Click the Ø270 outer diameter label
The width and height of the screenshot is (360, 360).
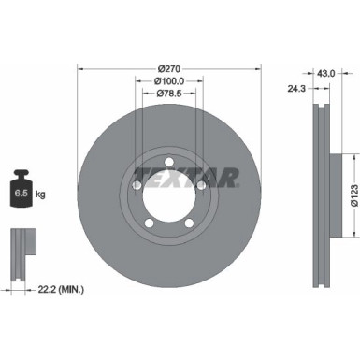[x=169, y=68]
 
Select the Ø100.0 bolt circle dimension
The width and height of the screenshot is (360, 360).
[x=169, y=81]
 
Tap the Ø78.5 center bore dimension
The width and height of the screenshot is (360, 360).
[x=169, y=94]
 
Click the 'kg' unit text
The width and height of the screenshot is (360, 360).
[x=41, y=195]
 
